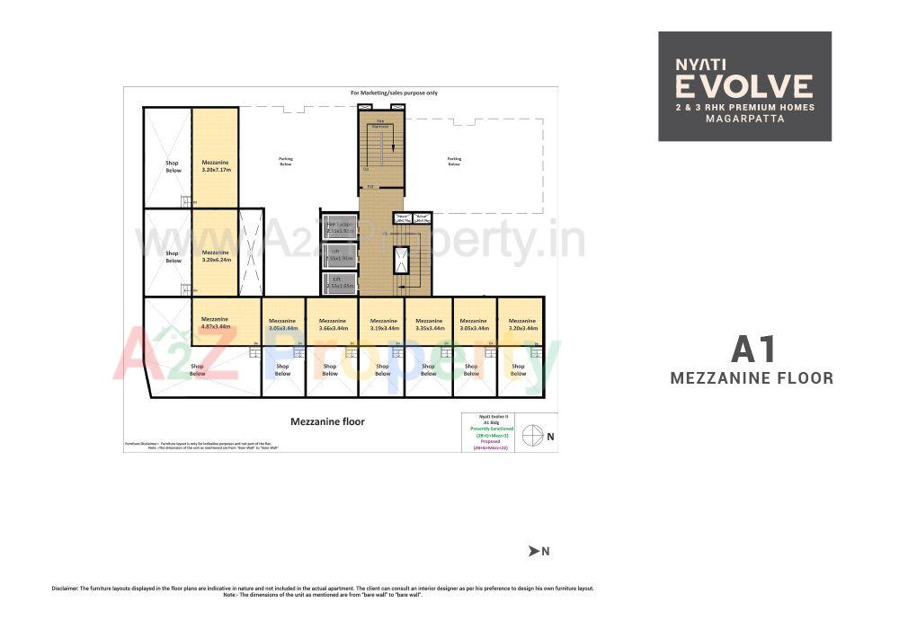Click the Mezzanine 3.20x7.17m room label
(215, 165)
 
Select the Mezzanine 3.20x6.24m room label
(215, 256)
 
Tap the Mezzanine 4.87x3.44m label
(215, 323)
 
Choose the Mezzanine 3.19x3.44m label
(383, 324)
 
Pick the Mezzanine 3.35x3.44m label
(429, 324)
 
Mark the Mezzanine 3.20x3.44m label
(522, 324)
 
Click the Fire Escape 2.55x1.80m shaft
(340, 228)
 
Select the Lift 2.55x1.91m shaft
(340, 255)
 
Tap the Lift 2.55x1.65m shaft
(340, 283)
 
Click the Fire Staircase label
(382, 125)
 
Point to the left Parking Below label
(286, 162)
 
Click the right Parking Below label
(454, 162)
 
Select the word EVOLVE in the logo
(744, 86)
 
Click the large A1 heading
(752, 349)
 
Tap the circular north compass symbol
(532, 435)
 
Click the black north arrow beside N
(533, 551)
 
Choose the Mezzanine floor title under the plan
(327, 421)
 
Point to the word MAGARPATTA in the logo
(744, 119)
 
